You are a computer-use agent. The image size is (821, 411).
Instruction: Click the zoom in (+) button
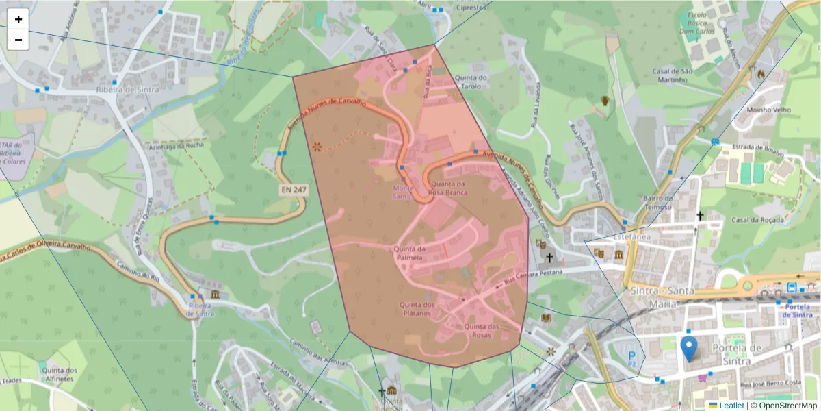coord(18,19)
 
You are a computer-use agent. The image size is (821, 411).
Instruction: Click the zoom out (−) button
coord(18,40)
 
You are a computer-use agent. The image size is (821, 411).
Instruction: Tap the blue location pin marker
coord(690,348)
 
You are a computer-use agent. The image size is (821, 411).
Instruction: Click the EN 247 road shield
coord(292,188)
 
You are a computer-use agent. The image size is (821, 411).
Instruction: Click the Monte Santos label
coord(403,192)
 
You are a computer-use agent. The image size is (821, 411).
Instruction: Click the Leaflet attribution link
coord(731,406)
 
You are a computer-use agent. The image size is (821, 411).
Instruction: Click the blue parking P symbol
coord(631,355)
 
